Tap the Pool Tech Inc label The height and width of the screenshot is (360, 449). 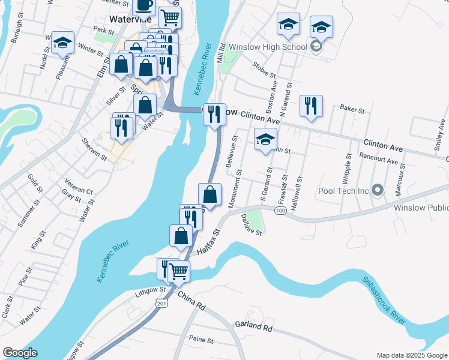343,191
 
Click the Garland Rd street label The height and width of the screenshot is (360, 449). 254,327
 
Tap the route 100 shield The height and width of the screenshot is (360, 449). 280,210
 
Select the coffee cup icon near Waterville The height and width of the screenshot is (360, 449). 143,5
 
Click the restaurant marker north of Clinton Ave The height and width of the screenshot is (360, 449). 310,106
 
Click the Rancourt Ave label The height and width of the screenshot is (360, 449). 378,161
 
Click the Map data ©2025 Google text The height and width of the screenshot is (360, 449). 411,355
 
